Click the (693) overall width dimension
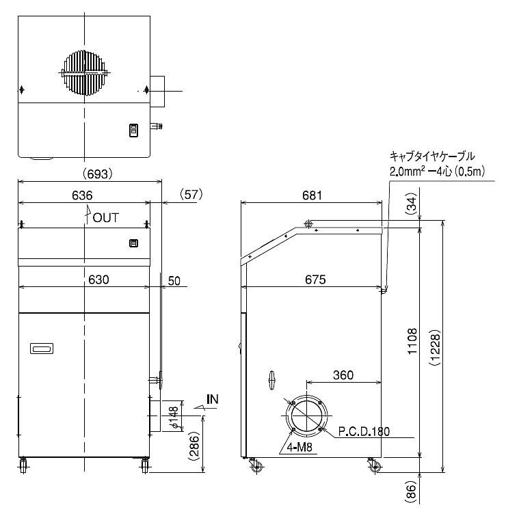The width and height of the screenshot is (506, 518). [98, 174]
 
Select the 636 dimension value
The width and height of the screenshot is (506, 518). [82, 195]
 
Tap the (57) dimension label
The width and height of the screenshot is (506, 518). [191, 195]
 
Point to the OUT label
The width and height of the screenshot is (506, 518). [105, 218]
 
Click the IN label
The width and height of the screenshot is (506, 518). [213, 399]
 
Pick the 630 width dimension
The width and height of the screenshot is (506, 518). [98, 280]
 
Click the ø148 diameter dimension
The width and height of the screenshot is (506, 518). [174, 418]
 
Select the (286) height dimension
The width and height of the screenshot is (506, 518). [194, 446]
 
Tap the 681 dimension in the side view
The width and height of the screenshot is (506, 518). [312, 195]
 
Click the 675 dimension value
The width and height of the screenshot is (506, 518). [315, 280]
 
